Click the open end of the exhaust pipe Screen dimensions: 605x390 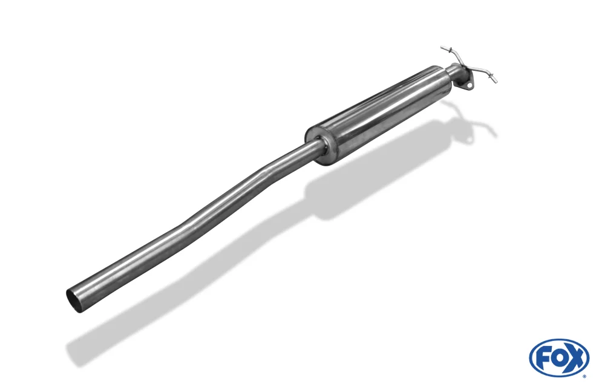tap(73, 300)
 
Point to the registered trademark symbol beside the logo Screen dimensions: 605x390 tap(584, 375)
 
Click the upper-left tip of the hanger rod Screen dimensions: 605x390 tap(442, 47)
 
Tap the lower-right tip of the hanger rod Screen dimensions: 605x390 tap(496, 82)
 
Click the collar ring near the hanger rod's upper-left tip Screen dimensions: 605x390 tap(448, 50)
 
